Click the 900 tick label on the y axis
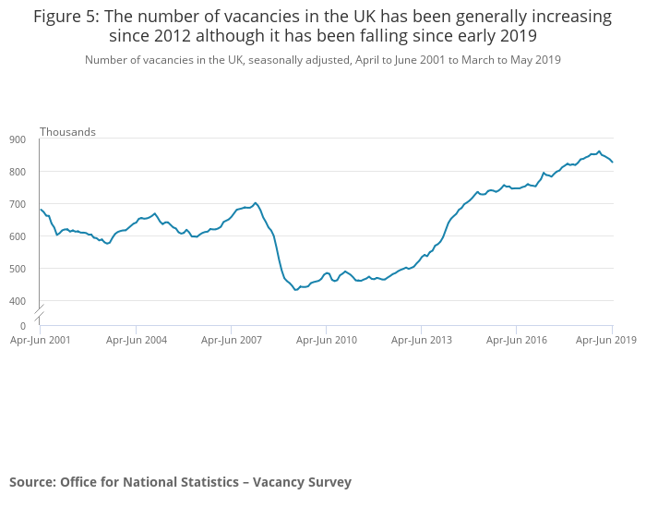point(18,139)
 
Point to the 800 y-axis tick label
point(18,172)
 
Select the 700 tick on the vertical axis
point(18,204)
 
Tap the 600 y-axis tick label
point(18,236)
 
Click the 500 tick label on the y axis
point(18,269)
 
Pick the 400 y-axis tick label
point(18,301)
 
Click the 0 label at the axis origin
point(23,325)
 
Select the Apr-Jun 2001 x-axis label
point(41,340)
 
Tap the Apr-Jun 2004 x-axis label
point(137,340)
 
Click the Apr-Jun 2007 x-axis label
point(232,340)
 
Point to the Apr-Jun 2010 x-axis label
point(327,340)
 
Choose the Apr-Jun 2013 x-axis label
point(422,340)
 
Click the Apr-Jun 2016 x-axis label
point(517,340)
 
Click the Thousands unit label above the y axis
point(67,132)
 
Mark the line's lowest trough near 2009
point(296,289)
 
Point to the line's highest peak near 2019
point(599,151)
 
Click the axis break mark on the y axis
point(40,308)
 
